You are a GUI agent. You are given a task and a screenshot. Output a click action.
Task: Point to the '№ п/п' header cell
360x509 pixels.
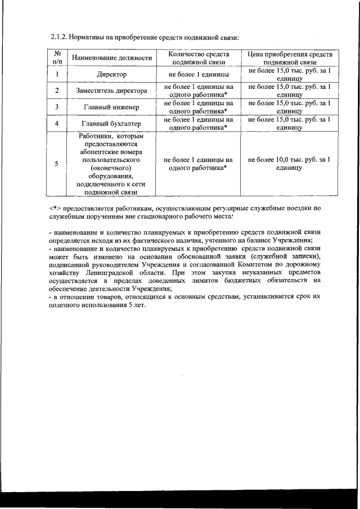57,58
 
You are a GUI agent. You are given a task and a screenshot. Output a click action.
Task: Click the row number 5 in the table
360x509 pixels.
57,164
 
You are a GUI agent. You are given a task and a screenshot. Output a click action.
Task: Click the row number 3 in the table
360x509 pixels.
57,107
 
